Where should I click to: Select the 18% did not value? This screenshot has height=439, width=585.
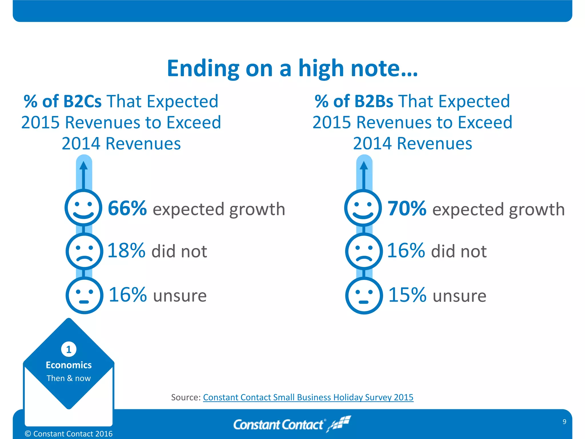click(126, 251)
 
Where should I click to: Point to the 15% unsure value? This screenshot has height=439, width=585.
click(407, 295)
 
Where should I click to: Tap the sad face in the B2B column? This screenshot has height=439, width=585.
click(364, 251)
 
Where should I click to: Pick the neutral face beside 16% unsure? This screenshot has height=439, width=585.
click(84, 295)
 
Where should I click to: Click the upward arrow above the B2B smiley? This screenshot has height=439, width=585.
click(364, 174)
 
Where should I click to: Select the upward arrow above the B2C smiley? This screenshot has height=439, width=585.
click(83, 174)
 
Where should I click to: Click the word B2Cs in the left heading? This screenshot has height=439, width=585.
click(82, 101)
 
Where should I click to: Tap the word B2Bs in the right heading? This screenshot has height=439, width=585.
click(374, 101)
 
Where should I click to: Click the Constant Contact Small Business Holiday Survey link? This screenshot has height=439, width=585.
click(308, 397)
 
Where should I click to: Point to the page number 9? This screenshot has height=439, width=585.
click(564, 422)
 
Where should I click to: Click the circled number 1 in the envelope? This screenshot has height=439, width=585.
click(69, 349)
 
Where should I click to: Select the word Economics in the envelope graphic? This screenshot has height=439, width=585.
click(69, 365)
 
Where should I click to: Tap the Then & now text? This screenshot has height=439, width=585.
click(69, 378)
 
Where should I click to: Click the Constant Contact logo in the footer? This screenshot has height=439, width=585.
click(291, 424)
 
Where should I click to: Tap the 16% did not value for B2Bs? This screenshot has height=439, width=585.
click(406, 251)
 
